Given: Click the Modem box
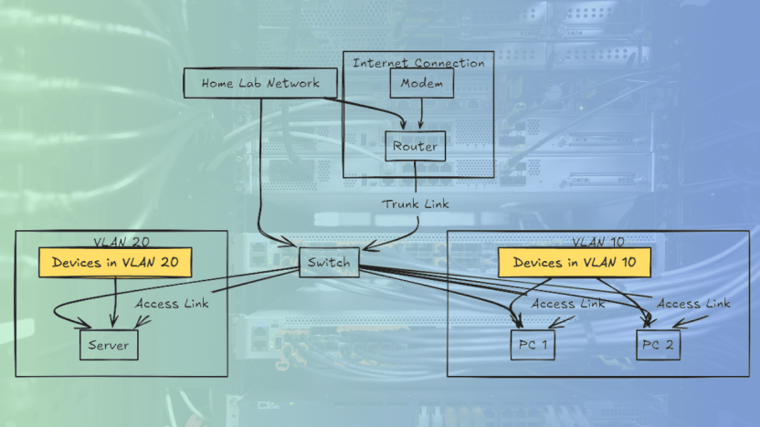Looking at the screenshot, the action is pyautogui.click(x=422, y=83).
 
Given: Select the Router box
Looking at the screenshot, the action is pyautogui.click(x=416, y=146).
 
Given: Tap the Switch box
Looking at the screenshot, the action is pyautogui.click(x=329, y=263).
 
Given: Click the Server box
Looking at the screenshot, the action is pyautogui.click(x=109, y=345).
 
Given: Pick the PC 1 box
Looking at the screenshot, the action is pyautogui.click(x=533, y=345).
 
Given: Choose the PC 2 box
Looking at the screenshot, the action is pyautogui.click(x=658, y=345).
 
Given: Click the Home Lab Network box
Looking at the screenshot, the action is pyautogui.click(x=260, y=83).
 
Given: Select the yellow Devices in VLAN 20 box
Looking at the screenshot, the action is pyautogui.click(x=115, y=263).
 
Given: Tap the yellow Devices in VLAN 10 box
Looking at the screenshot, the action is pyautogui.click(x=575, y=263).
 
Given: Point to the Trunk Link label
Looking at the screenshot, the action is pyautogui.click(x=416, y=203).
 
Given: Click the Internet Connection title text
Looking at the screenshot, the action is pyautogui.click(x=418, y=63).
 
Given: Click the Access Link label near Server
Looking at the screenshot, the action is pyautogui.click(x=172, y=304).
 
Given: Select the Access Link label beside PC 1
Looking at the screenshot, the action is pyautogui.click(x=567, y=304).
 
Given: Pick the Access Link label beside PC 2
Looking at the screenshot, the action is pyautogui.click(x=693, y=304).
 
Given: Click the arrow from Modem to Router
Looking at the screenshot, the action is pyautogui.click(x=421, y=113).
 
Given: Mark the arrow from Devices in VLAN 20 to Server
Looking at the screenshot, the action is pyautogui.click(x=115, y=302).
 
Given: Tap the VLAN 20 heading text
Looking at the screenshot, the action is pyautogui.click(x=121, y=242).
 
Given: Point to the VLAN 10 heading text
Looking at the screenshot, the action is pyautogui.click(x=598, y=242).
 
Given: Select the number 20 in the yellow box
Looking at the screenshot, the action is pyautogui.click(x=170, y=263).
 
